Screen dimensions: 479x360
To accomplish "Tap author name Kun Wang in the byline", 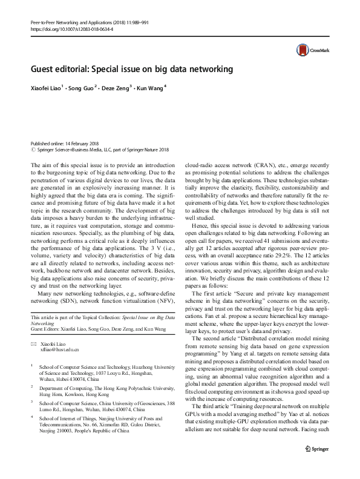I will pos(149,88).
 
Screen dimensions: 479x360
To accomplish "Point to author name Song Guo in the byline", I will pos(82,88).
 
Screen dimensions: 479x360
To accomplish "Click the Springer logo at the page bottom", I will pos(317,465).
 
